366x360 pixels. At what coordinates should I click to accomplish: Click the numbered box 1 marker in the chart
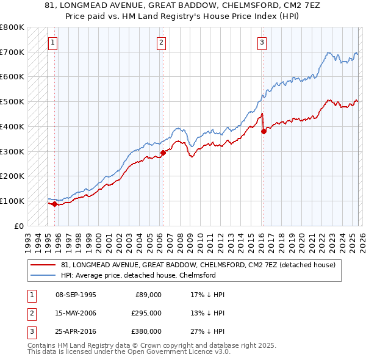54,43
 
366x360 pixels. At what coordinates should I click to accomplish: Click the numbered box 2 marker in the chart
161,43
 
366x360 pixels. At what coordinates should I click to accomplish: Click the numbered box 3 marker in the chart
262,43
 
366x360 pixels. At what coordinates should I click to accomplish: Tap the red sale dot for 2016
263,131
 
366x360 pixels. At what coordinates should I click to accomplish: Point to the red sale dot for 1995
54,204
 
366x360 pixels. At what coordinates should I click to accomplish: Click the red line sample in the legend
43,265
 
